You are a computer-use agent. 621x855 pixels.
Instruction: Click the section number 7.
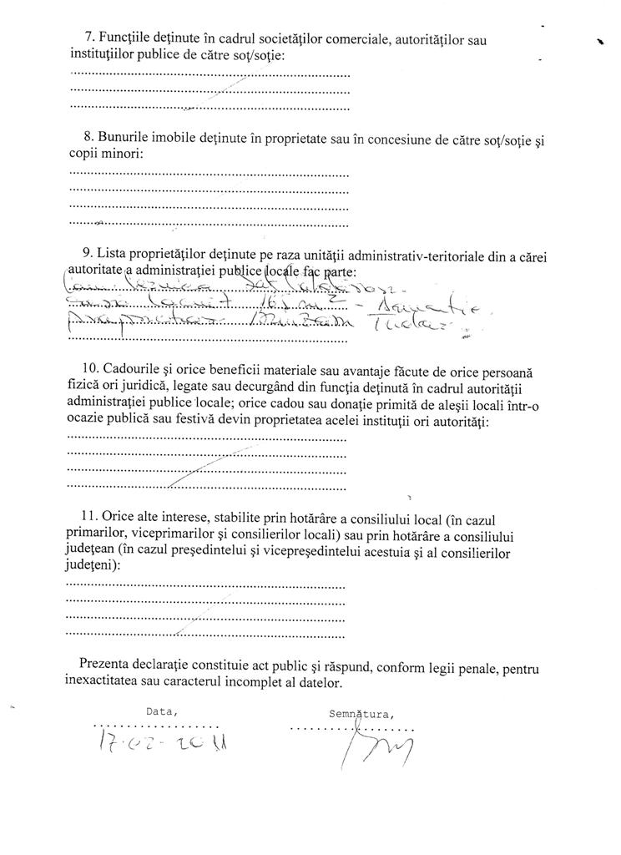[90, 38]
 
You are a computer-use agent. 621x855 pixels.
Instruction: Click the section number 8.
[89, 136]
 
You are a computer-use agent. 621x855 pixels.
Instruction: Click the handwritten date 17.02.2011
[164, 741]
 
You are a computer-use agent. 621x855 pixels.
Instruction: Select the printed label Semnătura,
[361, 713]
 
